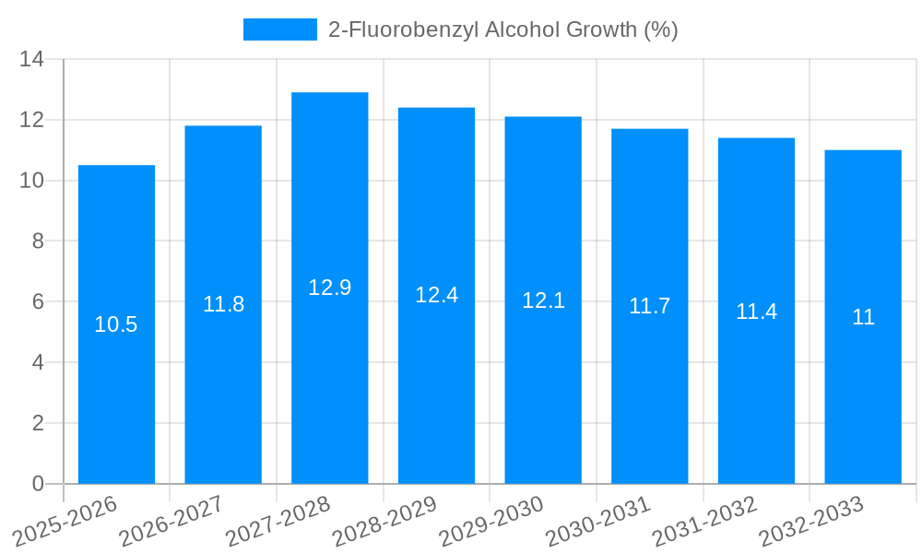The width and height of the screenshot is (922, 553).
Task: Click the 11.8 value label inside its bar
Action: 223,304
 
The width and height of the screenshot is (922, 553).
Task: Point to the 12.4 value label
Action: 436,295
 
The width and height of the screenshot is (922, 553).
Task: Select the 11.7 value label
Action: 649,306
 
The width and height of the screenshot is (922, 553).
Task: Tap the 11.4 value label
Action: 756,312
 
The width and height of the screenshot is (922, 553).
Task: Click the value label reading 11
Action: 863,317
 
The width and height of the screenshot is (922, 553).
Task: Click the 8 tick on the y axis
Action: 38,241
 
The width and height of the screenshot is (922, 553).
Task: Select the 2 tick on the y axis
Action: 38,423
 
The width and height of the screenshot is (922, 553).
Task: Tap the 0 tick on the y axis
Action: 38,484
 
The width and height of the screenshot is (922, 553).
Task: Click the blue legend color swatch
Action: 279,29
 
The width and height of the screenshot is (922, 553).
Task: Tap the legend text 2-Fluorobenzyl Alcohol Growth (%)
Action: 502,29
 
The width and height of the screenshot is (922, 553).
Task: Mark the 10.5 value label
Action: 116,324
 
